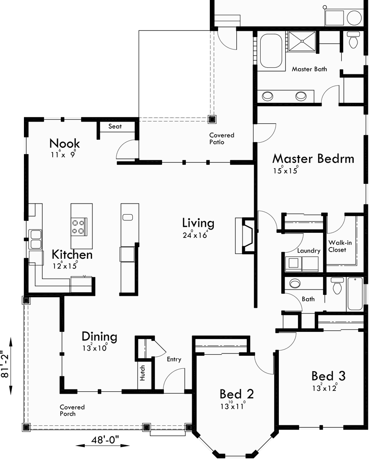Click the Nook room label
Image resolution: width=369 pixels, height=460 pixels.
65,143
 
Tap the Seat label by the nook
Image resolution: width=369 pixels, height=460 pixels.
115,126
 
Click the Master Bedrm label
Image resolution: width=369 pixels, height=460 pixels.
313,158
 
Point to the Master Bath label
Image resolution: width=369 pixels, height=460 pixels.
309,69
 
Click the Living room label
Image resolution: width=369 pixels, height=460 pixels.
198,223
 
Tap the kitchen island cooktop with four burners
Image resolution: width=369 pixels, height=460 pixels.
80,226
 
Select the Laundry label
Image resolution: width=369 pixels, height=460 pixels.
308,251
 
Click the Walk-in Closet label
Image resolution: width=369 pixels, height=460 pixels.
340,246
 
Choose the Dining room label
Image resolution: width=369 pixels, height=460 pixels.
99,337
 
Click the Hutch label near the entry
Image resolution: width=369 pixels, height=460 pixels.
142,373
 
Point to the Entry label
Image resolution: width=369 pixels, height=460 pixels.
174,359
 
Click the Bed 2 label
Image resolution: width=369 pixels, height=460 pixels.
236,394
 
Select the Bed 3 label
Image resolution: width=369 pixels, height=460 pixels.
328,375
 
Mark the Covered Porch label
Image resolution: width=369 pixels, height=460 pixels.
71,410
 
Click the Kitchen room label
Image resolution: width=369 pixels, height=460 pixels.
72,254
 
